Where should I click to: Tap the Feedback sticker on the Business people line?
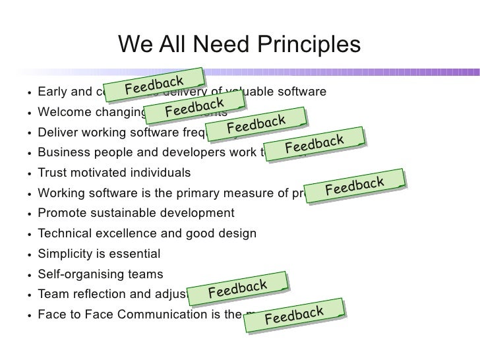tap(315, 144)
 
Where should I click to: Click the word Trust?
tap(53, 173)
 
